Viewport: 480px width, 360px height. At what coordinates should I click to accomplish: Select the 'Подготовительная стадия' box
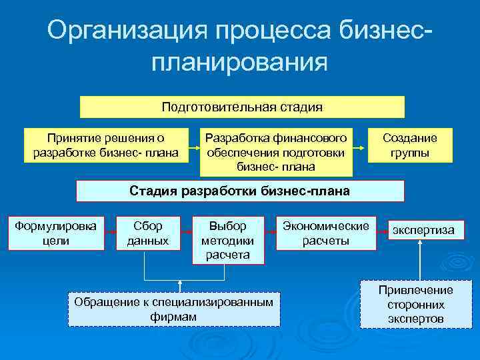tap(242, 107)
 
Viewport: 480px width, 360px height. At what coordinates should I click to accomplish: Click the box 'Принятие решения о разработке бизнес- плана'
tap(105, 145)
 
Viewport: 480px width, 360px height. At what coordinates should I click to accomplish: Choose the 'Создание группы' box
tap(409, 145)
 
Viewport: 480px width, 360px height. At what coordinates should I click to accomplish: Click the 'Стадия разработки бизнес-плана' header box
tap(239, 191)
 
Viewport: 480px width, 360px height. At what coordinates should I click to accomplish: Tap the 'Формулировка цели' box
tap(55, 233)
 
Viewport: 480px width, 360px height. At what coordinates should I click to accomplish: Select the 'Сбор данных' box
tap(147, 233)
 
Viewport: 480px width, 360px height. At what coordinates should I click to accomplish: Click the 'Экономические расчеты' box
tap(326, 233)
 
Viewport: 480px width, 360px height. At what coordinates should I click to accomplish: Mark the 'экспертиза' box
tap(423, 231)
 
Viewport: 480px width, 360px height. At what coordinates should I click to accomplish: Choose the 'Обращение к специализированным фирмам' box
tap(174, 309)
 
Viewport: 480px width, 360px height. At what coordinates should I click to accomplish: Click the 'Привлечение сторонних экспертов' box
tap(415, 304)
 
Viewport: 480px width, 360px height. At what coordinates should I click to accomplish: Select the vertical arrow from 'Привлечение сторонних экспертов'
tap(419, 260)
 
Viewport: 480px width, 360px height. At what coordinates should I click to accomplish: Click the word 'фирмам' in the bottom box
tap(174, 316)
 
